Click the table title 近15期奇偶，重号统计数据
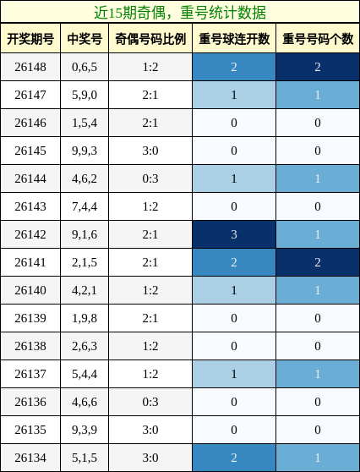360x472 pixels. pyautogui.click(x=180, y=13)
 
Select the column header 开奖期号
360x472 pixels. pyautogui.click(x=30, y=39)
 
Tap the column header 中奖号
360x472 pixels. pyautogui.click(x=85, y=39)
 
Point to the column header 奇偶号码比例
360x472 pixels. pyautogui.click(x=150, y=39)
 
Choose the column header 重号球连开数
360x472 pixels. pyautogui.click(x=234, y=39)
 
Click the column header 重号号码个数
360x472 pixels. pyautogui.click(x=318, y=39)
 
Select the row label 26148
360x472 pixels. pyautogui.click(x=30, y=67)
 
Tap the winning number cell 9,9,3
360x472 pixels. pyautogui.click(x=85, y=151)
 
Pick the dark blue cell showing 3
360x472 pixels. pyautogui.click(x=234, y=234)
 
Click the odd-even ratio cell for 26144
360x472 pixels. pyautogui.click(x=150, y=178)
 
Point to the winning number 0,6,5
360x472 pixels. pyautogui.click(x=85, y=67)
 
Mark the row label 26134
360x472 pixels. pyautogui.click(x=30, y=458)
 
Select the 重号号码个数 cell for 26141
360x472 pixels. pyautogui.click(x=318, y=262)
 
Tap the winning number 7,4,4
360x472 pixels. pyautogui.click(x=85, y=206)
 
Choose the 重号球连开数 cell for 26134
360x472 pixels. pyautogui.click(x=234, y=458)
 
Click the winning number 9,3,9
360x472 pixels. pyautogui.click(x=85, y=430)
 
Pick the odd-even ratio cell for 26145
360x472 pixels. pyautogui.click(x=150, y=151)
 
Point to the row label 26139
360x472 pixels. pyautogui.click(x=30, y=318)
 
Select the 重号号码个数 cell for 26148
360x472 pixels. pyautogui.click(x=318, y=67)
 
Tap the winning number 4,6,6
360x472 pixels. pyautogui.click(x=85, y=402)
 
